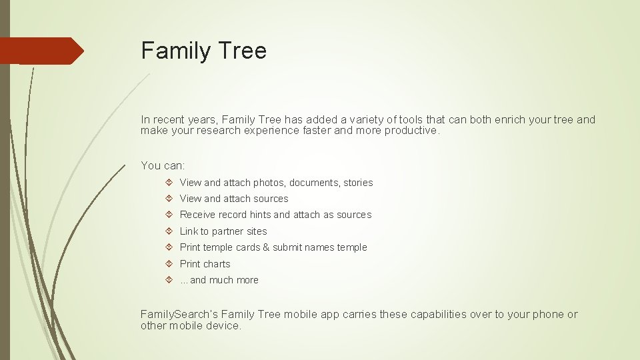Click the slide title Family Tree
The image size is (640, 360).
click(203, 51)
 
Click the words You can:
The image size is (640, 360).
click(163, 165)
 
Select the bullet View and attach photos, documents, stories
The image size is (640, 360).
click(276, 183)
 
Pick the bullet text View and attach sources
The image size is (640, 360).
click(234, 199)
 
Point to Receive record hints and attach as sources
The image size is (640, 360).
click(275, 215)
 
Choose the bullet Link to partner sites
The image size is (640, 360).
click(223, 231)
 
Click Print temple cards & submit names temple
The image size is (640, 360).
click(273, 247)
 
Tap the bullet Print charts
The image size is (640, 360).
click(205, 264)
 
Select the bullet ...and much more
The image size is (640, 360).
click(219, 280)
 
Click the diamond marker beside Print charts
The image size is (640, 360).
click(169, 264)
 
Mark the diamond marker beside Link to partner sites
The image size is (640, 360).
click(169, 231)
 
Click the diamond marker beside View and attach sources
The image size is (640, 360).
click(169, 199)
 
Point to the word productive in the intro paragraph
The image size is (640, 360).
click(417, 131)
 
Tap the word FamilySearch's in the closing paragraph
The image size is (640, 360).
click(179, 315)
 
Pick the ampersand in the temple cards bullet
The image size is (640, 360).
click(266, 247)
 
